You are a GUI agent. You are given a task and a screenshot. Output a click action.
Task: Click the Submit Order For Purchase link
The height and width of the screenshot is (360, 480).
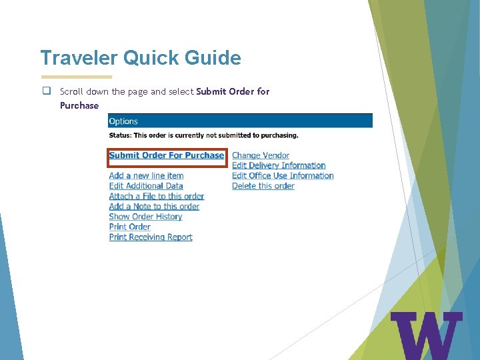click(x=167, y=155)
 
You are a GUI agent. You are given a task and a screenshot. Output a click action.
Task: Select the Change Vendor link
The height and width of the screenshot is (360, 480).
click(x=261, y=155)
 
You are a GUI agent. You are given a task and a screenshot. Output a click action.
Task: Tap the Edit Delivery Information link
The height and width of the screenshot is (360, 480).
click(x=279, y=165)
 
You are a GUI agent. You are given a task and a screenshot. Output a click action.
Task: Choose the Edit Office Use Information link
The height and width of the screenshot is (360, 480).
click(x=283, y=176)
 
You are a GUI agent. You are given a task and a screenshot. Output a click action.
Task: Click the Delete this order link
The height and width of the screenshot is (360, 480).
click(x=263, y=186)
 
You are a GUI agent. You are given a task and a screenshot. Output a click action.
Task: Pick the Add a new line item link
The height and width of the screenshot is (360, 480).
click(x=146, y=176)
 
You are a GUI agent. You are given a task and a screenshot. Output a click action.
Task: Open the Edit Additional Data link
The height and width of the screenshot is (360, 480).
click(x=146, y=186)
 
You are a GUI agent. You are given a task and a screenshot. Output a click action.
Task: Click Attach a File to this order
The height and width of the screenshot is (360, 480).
click(x=157, y=197)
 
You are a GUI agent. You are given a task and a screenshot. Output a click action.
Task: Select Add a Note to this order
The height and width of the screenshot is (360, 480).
click(x=154, y=207)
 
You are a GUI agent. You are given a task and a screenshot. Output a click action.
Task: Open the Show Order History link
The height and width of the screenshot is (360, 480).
click(x=145, y=217)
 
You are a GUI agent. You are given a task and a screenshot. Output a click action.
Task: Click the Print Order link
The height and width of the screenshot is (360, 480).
click(x=130, y=227)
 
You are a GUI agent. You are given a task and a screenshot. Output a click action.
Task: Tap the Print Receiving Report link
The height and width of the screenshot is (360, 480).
click(x=151, y=237)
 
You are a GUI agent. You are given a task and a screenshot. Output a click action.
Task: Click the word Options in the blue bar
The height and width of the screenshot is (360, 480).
click(x=123, y=121)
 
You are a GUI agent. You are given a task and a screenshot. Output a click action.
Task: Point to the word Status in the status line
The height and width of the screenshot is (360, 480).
click(x=121, y=135)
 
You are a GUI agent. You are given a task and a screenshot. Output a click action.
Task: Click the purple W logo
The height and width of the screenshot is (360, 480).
click(x=426, y=335)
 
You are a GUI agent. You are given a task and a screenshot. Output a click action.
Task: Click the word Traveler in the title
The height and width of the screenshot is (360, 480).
click(x=79, y=58)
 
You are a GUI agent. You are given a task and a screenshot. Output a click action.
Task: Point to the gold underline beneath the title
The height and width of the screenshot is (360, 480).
click(x=77, y=77)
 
